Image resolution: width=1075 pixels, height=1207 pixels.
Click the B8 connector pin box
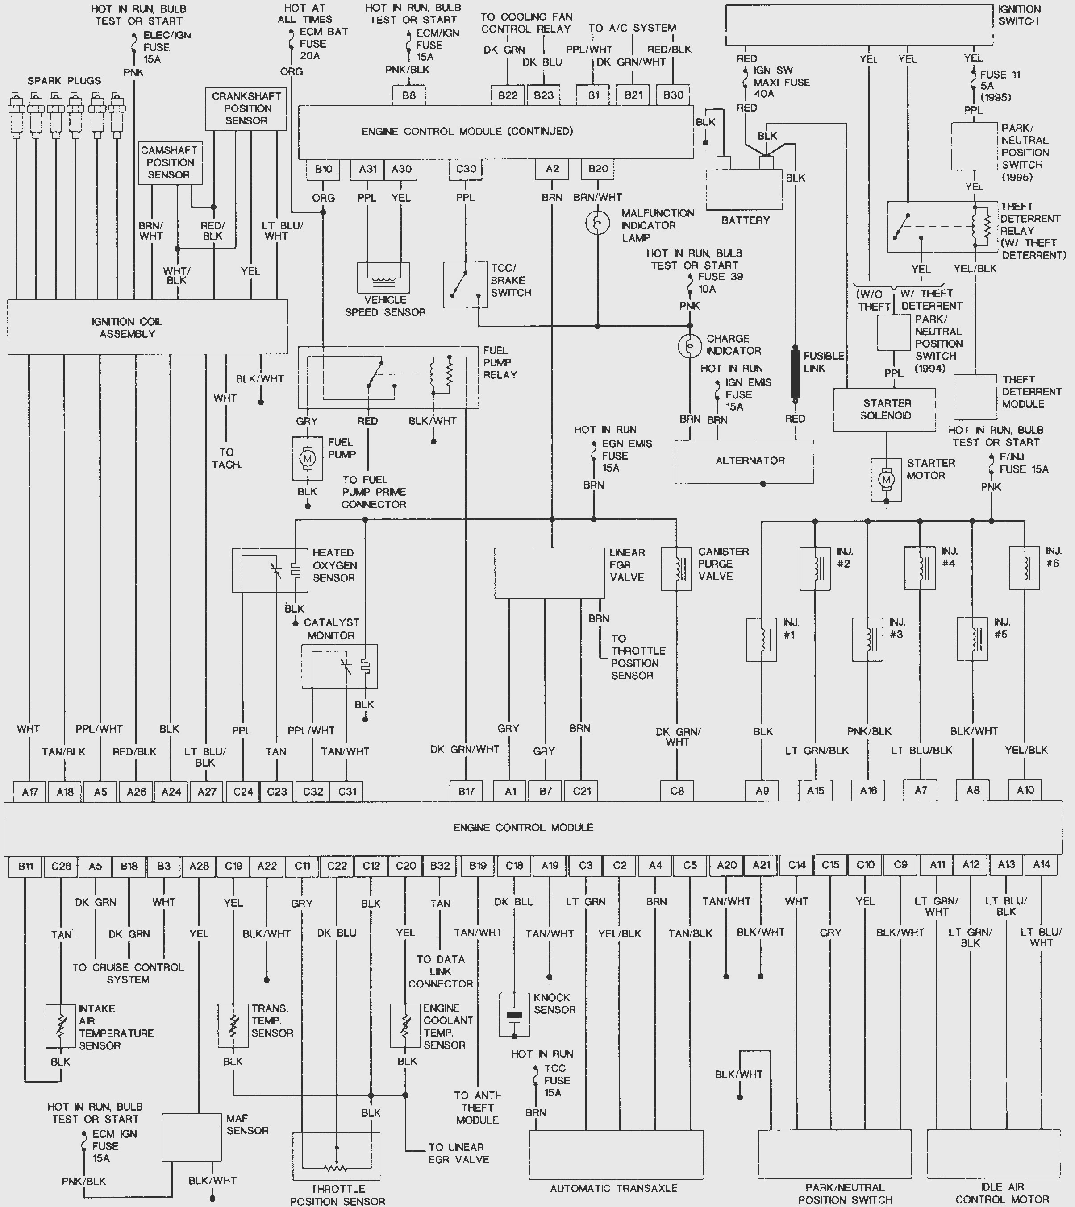(x=409, y=95)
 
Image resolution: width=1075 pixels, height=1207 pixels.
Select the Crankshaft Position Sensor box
(x=246, y=109)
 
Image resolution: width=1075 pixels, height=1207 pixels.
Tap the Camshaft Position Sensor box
(x=170, y=162)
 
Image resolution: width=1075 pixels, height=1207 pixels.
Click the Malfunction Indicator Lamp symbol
(x=597, y=223)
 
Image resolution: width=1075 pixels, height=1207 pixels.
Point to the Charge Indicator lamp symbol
(x=689, y=346)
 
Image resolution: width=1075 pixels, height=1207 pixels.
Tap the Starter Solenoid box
(x=884, y=409)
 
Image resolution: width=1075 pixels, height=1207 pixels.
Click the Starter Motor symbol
(x=886, y=480)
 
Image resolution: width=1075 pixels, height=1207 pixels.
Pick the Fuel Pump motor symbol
(x=307, y=458)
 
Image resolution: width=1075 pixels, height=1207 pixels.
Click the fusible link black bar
(x=795, y=374)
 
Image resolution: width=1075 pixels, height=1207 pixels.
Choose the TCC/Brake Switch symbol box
(x=466, y=285)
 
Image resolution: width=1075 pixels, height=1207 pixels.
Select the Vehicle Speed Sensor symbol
(x=383, y=276)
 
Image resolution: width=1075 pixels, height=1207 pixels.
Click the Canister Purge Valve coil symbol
(x=676, y=568)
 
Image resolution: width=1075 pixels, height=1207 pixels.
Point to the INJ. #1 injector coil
(x=762, y=639)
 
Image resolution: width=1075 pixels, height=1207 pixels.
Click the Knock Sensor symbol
(x=514, y=1015)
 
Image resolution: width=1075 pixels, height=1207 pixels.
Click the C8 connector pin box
(x=677, y=790)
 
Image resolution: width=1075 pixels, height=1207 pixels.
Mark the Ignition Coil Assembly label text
(x=127, y=328)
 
